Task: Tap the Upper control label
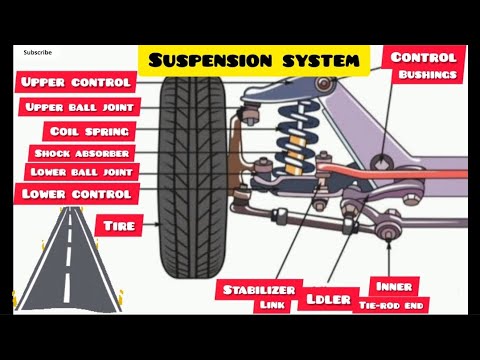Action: (75, 81)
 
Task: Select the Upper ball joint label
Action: (77, 106)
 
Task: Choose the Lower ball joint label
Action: (77, 172)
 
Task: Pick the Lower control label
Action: (75, 193)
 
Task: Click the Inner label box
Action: (392, 285)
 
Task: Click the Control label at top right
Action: (423, 57)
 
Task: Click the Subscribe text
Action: (39, 51)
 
